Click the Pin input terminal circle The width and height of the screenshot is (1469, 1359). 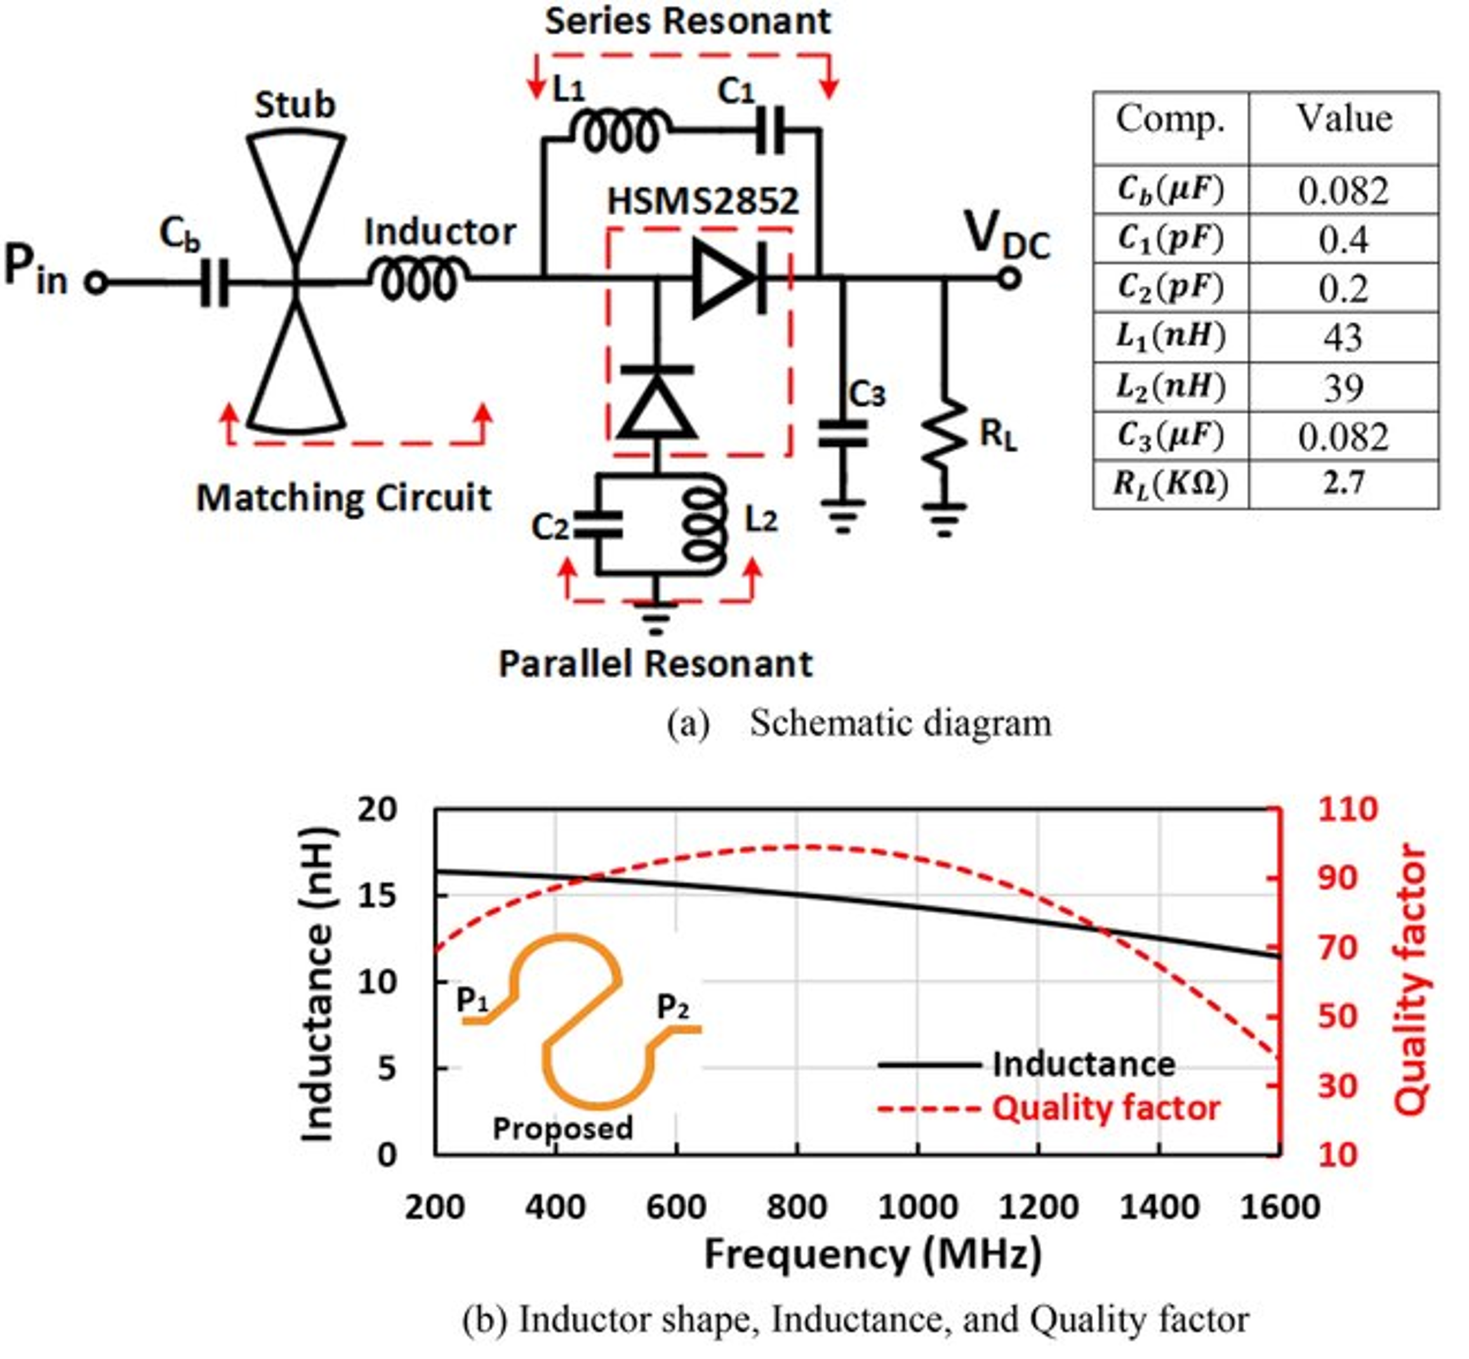coord(96,283)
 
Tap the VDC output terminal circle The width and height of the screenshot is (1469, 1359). coord(1009,279)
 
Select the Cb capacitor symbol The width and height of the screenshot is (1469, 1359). coord(214,283)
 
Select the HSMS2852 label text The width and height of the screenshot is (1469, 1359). coord(702,201)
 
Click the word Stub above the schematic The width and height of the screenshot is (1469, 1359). coord(295,105)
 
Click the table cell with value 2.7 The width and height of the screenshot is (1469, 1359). coord(1343,484)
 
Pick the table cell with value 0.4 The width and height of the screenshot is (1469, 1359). coord(1343,239)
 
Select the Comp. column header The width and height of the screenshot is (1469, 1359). coord(1170,120)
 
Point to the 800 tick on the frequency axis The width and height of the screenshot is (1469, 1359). coord(796,1207)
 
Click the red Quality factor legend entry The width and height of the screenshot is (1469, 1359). coord(1105,1108)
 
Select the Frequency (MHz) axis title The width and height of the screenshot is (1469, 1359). coord(873,1255)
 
